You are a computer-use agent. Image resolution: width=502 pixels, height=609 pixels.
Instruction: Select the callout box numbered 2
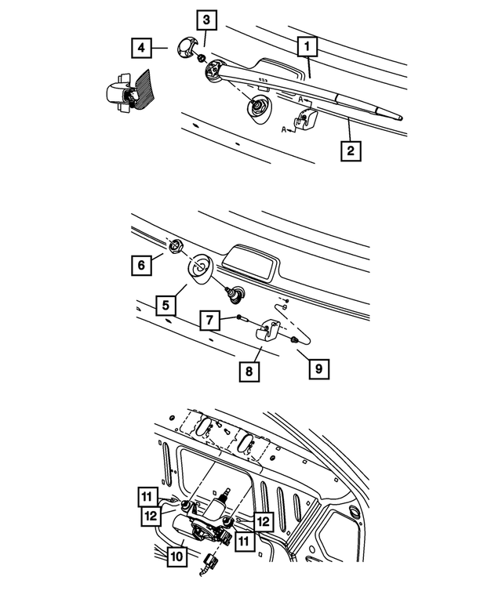[351, 149]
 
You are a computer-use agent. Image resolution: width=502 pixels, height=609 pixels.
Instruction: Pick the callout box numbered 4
[142, 48]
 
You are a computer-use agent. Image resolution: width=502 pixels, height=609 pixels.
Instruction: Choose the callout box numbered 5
[166, 301]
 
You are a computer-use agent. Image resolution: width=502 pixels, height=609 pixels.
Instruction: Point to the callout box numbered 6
[142, 266]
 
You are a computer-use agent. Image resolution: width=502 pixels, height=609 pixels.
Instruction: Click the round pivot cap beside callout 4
[187, 46]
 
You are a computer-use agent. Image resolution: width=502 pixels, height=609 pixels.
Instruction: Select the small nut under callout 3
[202, 59]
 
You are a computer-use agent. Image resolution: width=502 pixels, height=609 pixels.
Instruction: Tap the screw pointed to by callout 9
[292, 340]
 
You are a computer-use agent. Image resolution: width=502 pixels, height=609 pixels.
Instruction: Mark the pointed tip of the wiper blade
[402, 119]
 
